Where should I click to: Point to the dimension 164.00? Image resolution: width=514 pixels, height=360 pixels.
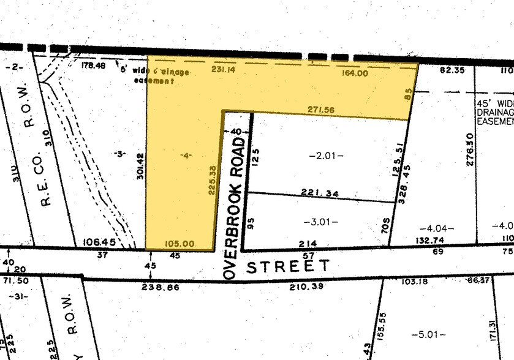[x=355, y=73]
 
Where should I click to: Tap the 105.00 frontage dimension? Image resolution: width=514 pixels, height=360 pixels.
[x=181, y=244]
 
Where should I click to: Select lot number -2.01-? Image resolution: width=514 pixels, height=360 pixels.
[x=326, y=156]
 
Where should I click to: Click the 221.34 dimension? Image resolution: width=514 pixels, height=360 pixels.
[x=320, y=193]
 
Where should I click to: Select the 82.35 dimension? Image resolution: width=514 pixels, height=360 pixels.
[x=452, y=71]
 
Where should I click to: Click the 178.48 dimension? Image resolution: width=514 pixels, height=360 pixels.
[x=93, y=65]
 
